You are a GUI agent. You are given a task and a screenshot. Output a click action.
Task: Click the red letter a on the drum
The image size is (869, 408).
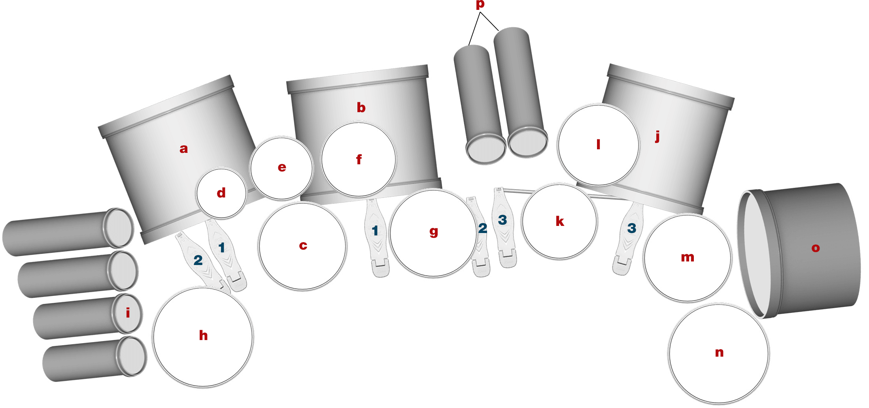(x=183, y=149)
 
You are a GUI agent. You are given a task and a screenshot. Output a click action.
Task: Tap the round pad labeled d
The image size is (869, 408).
(x=221, y=193)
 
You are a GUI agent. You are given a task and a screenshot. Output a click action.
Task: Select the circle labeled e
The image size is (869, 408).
(x=281, y=168)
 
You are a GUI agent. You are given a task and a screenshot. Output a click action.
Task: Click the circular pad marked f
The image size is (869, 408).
(x=359, y=160)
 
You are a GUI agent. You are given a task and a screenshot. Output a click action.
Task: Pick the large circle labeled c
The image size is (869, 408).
(x=303, y=246)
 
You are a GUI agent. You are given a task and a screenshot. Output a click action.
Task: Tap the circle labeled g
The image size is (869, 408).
(x=433, y=232)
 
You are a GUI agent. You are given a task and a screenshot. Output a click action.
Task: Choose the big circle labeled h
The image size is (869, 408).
(x=203, y=336)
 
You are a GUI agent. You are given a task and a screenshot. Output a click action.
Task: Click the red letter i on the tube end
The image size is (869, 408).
(x=128, y=313)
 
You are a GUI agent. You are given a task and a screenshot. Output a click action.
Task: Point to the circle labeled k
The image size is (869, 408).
(x=559, y=221)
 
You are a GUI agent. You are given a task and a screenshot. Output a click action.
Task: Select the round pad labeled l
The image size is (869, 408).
(x=598, y=145)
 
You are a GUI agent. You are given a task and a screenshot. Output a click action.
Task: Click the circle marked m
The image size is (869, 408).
(x=687, y=258)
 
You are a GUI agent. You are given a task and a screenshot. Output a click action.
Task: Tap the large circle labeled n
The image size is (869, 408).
(x=719, y=353)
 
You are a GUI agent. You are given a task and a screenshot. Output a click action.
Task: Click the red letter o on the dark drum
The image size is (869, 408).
(x=815, y=248)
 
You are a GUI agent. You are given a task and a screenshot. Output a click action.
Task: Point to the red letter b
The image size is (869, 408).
(x=361, y=107)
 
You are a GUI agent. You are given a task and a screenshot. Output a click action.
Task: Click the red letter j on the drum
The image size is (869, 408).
(x=657, y=136)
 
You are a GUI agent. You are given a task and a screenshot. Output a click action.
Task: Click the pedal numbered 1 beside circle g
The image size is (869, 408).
(x=376, y=237)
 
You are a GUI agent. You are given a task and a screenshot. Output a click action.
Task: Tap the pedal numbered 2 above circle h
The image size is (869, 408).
(x=198, y=260)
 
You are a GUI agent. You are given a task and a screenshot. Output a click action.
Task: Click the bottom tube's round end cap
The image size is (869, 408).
(x=132, y=356)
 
